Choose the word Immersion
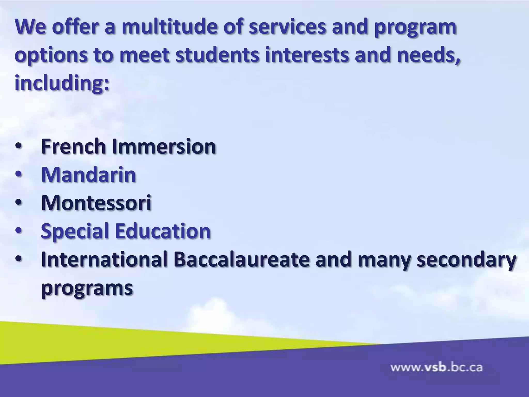click(164, 146)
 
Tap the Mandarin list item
click(89, 175)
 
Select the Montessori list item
click(96, 203)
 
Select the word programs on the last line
click(87, 287)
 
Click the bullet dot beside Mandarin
click(19, 175)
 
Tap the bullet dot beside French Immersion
click(19, 147)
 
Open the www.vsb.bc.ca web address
click(436, 367)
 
